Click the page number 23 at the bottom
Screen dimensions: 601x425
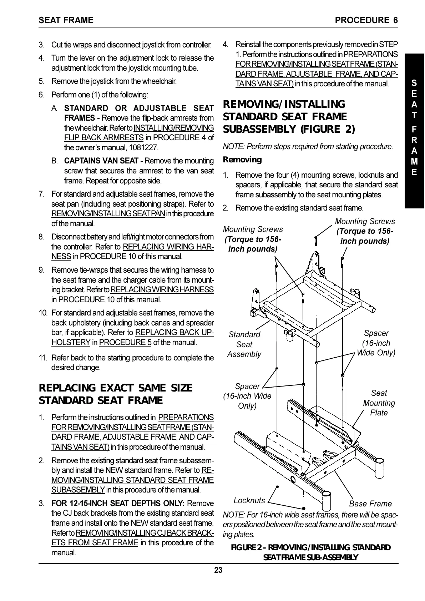tap(218, 570)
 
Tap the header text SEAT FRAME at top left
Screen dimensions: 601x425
tap(66, 20)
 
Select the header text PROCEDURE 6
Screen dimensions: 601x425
tap(366, 20)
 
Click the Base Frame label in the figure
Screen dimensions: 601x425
tap(370, 504)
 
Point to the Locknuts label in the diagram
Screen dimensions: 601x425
tap(249, 500)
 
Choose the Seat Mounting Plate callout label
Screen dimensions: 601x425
tap(379, 403)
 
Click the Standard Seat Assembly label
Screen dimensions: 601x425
tap(244, 344)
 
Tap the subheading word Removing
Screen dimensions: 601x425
tap(242, 160)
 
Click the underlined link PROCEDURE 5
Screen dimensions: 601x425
tap(125, 343)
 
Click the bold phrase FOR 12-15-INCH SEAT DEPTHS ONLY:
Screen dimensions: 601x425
tap(118, 504)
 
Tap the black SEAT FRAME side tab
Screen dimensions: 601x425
tap(414, 128)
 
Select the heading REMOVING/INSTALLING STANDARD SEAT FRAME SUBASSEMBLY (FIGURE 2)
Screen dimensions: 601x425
tap(289, 117)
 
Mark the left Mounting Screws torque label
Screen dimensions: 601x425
tap(253, 239)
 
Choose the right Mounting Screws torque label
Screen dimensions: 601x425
tap(365, 231)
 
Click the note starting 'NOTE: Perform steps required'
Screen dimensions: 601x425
tap(308, 146)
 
